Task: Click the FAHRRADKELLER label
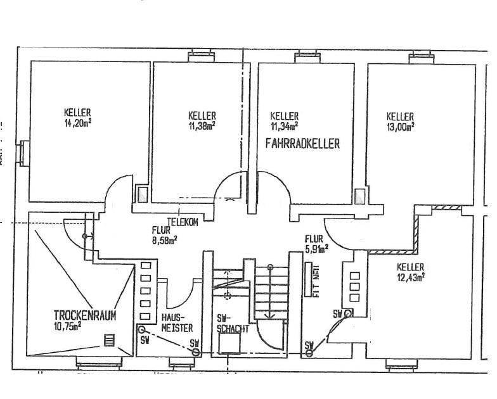point(302,144)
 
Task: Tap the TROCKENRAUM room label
point(85,315)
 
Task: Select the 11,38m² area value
point(202,125)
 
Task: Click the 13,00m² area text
point(401,126)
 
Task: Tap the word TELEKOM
point(183,222)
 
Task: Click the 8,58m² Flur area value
point(164,239)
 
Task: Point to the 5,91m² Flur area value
point(316,248)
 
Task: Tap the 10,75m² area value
point(68,326)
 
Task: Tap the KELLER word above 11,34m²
point(284,117)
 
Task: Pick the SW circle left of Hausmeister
point(141,330)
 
